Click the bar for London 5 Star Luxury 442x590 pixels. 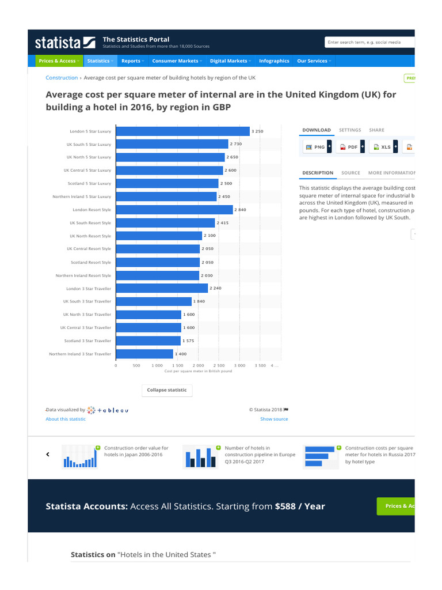[x=182, y=131]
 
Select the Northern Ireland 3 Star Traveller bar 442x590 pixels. [x=144, y=354]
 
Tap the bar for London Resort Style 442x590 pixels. [x=174, y=210]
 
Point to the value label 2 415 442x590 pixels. [x=223, y=223]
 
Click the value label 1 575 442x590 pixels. [x=189, y=341]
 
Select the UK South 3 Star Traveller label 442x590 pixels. [x=87, y=301]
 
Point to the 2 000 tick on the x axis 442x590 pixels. [x=199, y=365]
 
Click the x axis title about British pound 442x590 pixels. [x=198, y=372]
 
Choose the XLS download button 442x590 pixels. [x=382, y=147]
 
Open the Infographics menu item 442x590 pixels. [x=274, y=61]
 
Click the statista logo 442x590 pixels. [x=65, y=42]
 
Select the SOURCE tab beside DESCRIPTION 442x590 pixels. [x=350, y=173]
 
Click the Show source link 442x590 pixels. [x=274, y=419]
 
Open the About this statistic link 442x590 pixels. [x=66, y=419]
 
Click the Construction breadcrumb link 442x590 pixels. [x=62, y=78]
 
